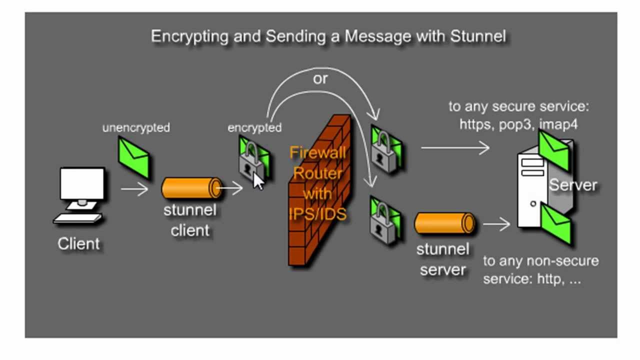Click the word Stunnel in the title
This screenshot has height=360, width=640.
tap(478, 36)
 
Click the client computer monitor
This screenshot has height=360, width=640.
tap(82, 184)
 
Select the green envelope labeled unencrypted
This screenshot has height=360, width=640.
tap(133, 157)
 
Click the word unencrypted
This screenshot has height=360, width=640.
tap(136, 128)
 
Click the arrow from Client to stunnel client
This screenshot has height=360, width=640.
tap(134, 189)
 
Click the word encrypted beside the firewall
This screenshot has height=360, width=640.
tap(254, 128)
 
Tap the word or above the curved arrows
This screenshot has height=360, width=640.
tap(320, 78)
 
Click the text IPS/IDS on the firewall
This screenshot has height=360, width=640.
tap(318, 213)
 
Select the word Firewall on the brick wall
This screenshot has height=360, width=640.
tap(318, 152)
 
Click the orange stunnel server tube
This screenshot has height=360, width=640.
tap(444, 223)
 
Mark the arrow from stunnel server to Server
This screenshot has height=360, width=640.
tap(496, 224)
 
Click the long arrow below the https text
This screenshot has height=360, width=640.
tap(455, 147)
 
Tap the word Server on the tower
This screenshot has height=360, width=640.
tap(573, 185)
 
